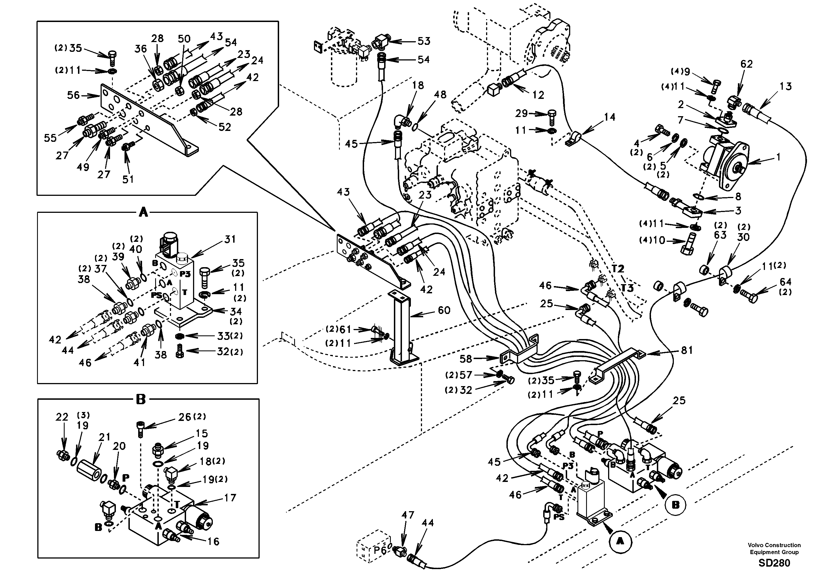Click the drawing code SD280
pyautogui.click(x=774, y=563)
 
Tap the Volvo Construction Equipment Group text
pyautogui.click(x=774, y=549)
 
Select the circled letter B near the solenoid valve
pyautogui.click(x=675, y=505)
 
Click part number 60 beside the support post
pyautogui.click(x=444, y=310)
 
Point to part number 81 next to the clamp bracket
pyautogui.click(x=686, y=350)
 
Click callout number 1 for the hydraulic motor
pyautogui.click(x=778, y=157)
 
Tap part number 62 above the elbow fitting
pyautogui.click(x=746, y=64)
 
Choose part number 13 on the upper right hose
pyautogui.click(x=785, y=86)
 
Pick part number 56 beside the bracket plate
pyautogui.click(x=73, y=95)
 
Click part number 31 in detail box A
pyautogui.click(x=230, y=239)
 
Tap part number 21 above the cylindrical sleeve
pyautogui.click(x=104, y=437)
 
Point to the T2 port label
pyautogui.click(x=618, y=269)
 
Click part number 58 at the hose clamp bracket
pyautogui.click(x=465, y=359)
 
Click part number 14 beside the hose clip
pyautogui.click(x=609, y=117)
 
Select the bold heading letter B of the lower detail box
pyautogui.click(x=140, y=400)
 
